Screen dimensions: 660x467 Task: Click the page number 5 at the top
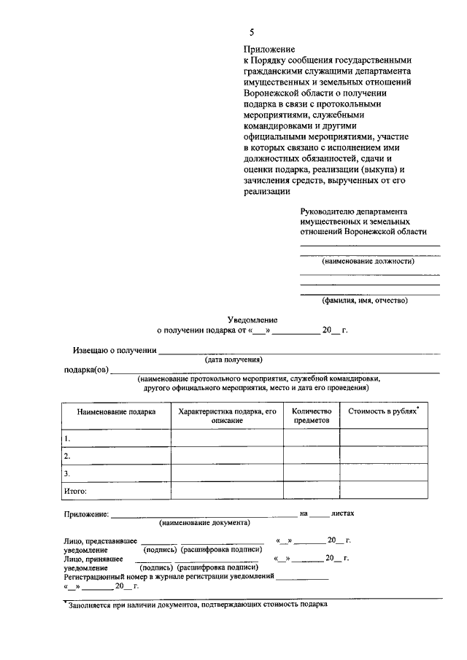click(x=252, y=33)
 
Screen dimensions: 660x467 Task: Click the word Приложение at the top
click(x=268, y=49)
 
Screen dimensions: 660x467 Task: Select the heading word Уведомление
click(x=252, y=319)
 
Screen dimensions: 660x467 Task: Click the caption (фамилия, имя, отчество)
click(x=365, y=300)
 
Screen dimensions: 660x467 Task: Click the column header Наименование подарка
click(x=116, y=412)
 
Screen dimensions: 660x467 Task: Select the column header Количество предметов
click(x=312, y=416)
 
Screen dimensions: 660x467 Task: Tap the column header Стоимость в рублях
click(x=382, y=411)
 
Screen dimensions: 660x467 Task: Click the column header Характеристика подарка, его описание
click(x=227, y=416)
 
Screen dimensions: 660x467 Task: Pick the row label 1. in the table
click(x=67, y=438)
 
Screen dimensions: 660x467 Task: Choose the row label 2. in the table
click(x=67, y=456)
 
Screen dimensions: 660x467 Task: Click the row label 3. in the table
click(x=67, y=473)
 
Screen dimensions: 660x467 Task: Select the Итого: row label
click(x=75, y=491)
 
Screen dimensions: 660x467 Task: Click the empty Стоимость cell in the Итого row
click(x=383, y=491)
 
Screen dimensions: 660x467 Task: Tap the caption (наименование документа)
click(x=204, y=523)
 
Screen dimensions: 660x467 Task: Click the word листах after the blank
click(x=342, y=513)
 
